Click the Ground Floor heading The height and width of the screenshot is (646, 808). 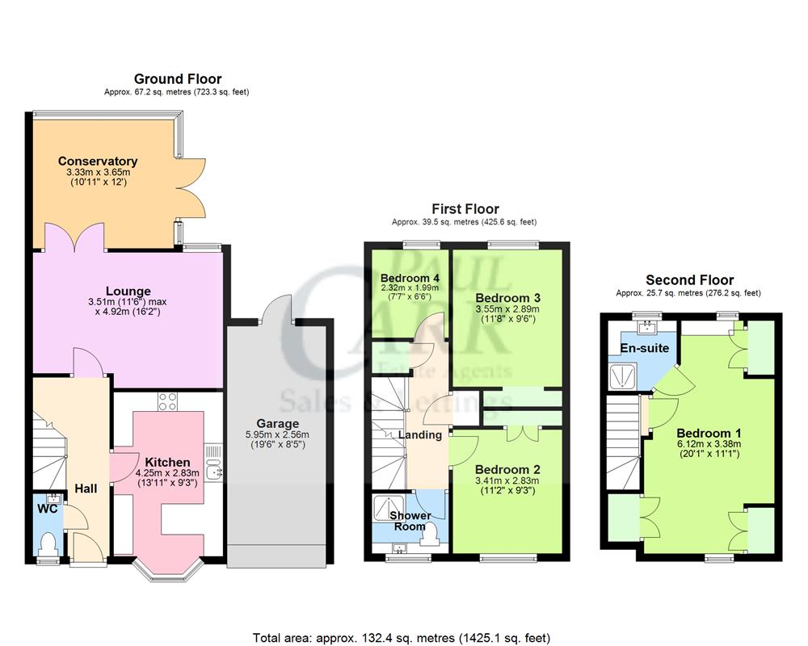click(x=177, y=78)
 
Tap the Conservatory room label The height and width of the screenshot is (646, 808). click(x=97, y=161)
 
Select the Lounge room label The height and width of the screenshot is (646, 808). click(x=128, y=291)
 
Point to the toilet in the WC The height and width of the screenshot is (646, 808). click(x=48, y=542)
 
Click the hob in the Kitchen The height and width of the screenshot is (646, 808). click(x=167, y=401)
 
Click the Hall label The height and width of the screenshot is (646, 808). click(x=86, y=489)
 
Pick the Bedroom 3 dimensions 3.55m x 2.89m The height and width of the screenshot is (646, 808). click(x=507, y=308)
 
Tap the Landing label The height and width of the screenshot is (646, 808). click(x=420, y=435)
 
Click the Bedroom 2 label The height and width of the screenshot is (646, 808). click(x=507, y=469)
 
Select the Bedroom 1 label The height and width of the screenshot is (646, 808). click(x=709, y=432)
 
